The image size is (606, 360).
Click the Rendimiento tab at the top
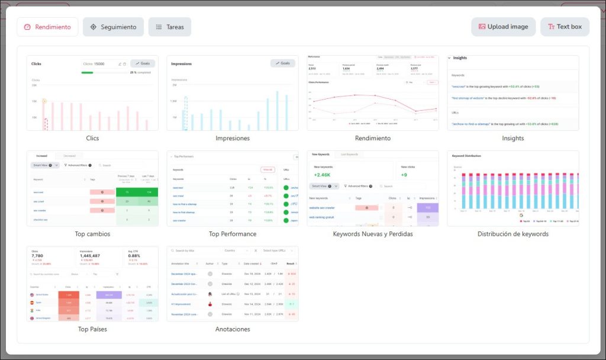[x=47, y=27]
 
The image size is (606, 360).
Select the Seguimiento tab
[x=113, y=27]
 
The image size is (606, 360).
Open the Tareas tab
[x=170, y=27]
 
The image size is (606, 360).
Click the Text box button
[x=565, y=27]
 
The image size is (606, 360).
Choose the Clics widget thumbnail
[x=92, y=93]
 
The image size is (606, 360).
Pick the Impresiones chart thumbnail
[x=233, y=93]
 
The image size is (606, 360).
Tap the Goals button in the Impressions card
[x=282, y=63]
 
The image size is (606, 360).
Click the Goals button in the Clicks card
[x=143, y=63]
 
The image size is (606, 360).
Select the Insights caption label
[x=512, y=139]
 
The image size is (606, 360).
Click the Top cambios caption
[x=92, y=234]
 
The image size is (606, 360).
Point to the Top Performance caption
[x=233, y=234]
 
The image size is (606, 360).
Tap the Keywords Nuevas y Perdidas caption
[x=372, y=234]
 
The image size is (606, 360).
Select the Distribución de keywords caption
[x=512, y=234]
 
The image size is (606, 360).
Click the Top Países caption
[x=92, y=329]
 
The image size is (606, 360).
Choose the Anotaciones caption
[x=233, y=329]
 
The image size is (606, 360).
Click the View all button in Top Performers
[x=267, y=169]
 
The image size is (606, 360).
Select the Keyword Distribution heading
[x=466, y=156]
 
